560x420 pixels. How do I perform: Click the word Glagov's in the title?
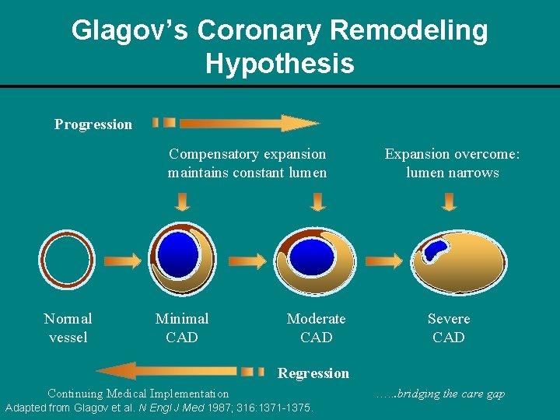[x=129, y=31]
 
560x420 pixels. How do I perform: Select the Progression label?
[x=93, y=124]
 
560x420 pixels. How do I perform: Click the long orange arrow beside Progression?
[x=249, y=123]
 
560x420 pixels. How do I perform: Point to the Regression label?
[x=313, y=373]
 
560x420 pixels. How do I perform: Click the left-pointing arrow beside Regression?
[x=179, y=371]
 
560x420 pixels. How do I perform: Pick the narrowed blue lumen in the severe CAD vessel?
[x=433, y=250]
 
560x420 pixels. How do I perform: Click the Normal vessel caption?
[x=68, y=327]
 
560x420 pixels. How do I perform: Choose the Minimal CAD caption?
[x=182, y=327]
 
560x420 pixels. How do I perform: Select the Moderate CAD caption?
[x=316, y=327]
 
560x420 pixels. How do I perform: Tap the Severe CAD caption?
[x=449, y=327]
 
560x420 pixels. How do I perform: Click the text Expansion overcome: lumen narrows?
[x=452, y=163]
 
